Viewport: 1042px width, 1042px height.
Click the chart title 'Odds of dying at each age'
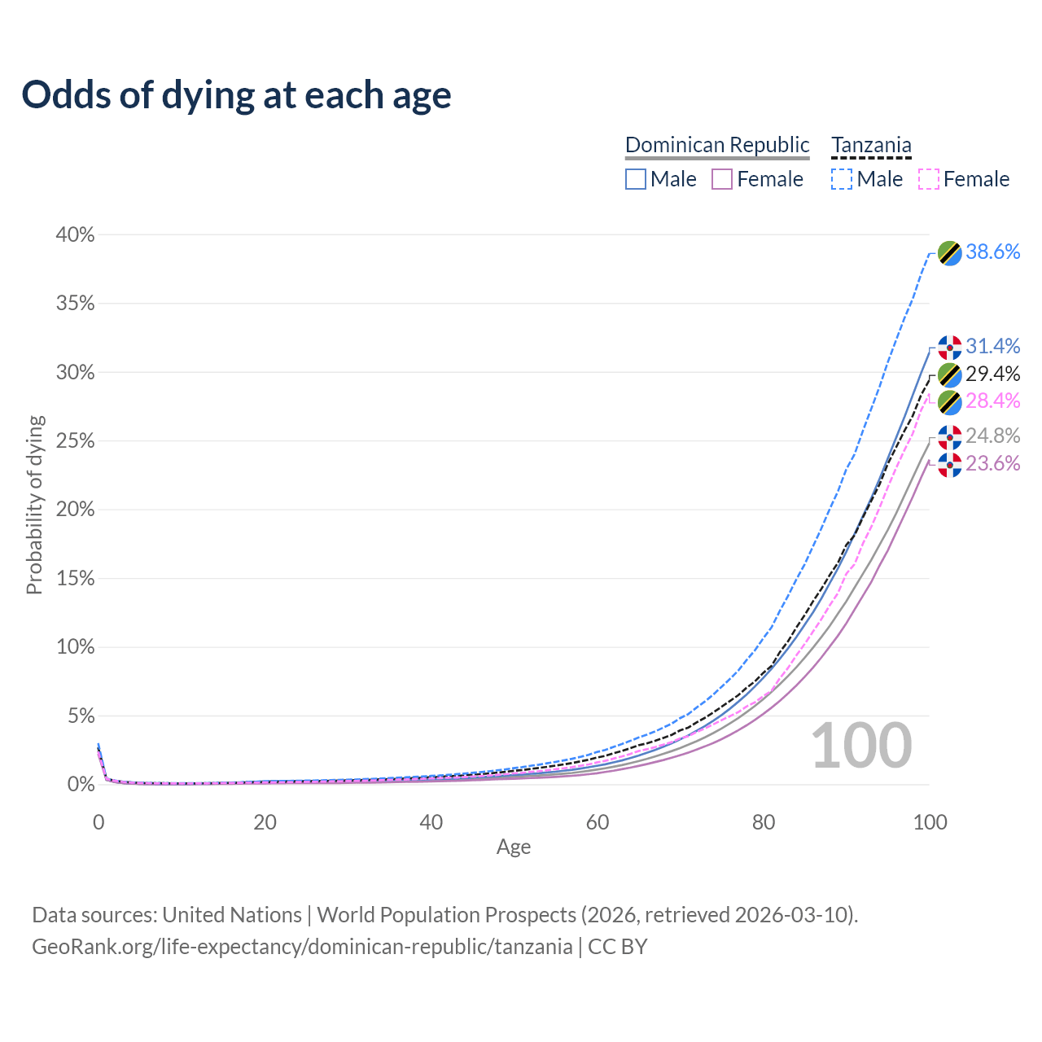click(236, 95)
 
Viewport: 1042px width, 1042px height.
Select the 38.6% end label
click(992, 252)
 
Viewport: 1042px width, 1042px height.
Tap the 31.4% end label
click(992, 346)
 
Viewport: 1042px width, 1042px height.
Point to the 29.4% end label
click(992, 374)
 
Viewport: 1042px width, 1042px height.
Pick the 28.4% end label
click(992, 401)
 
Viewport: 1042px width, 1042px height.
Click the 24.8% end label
click(992, 436)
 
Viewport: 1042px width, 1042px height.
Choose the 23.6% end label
click(992, 463)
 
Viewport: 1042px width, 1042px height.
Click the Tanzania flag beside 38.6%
click(949, 253)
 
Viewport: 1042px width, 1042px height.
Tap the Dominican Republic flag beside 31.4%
click(949, 348)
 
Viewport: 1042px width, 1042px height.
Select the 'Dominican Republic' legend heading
click(717, 145)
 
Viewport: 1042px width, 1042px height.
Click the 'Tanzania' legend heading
click(871, 145)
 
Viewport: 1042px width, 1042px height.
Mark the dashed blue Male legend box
click(842, 179)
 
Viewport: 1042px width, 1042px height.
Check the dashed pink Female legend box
click(928, 179)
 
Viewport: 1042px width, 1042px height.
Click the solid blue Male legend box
click(636, 179)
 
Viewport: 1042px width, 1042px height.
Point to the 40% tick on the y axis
click(76, 235)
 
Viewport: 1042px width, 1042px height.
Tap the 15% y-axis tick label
click(76, 579)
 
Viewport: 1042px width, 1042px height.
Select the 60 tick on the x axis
click(598, 822)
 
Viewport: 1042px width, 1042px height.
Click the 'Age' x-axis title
click(514, 847)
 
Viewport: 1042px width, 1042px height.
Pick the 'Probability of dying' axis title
click(34, 505)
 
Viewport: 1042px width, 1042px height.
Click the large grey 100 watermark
click(861, 746)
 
